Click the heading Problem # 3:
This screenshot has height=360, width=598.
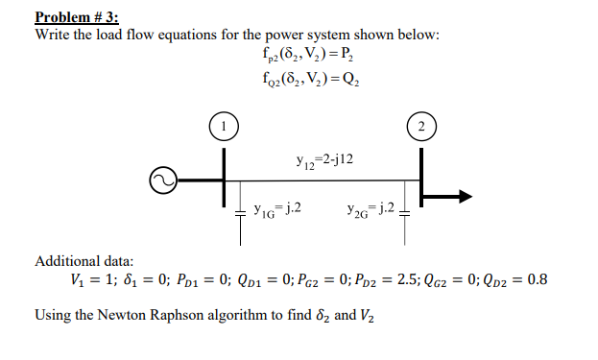[83, 16]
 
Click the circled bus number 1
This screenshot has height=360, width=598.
[223, 125]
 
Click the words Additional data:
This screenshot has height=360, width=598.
[84, 260]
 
